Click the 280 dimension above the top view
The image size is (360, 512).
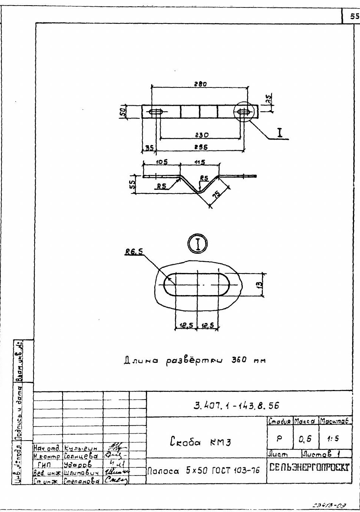pos(200,84)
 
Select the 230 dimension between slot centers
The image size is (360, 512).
pos(201,135)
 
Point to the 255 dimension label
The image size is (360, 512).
pos(201,147)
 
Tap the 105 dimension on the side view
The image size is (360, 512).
pos(162,162)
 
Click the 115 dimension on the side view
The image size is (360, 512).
pos(199,162)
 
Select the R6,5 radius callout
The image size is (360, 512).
pos(134,252)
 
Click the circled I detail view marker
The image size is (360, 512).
pos(197,244)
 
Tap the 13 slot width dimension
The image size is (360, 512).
pos(260,285)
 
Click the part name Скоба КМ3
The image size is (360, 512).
pos(200,442)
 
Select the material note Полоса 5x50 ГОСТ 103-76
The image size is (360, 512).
pos(204,471)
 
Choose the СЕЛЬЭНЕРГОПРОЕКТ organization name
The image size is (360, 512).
pos(309,467)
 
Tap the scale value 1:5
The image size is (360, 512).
pos(333,439)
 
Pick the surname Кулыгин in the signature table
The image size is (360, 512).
pos(81,448)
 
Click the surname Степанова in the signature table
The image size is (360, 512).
pos(82,481)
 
